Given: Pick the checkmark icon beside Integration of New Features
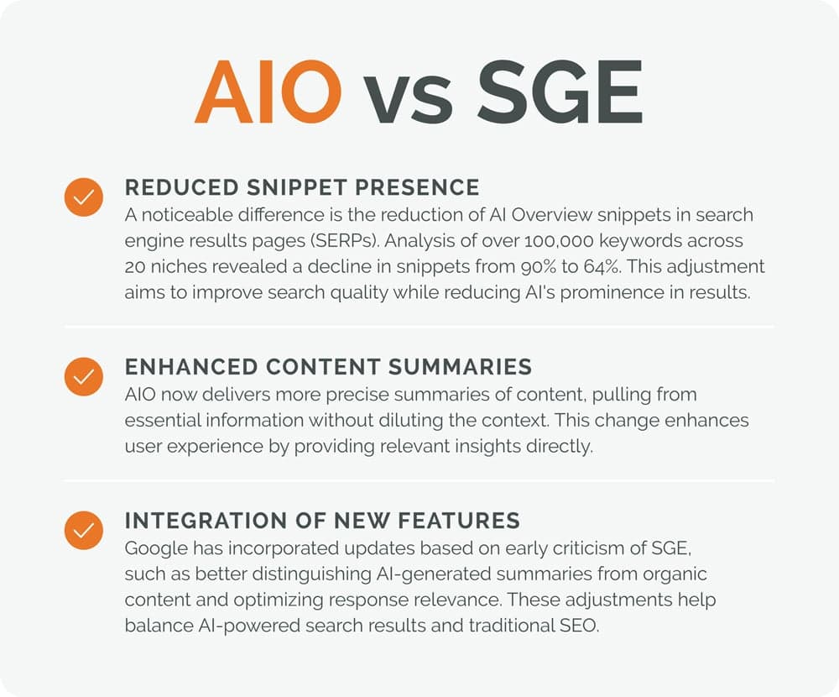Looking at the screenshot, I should [x=83, y=531].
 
